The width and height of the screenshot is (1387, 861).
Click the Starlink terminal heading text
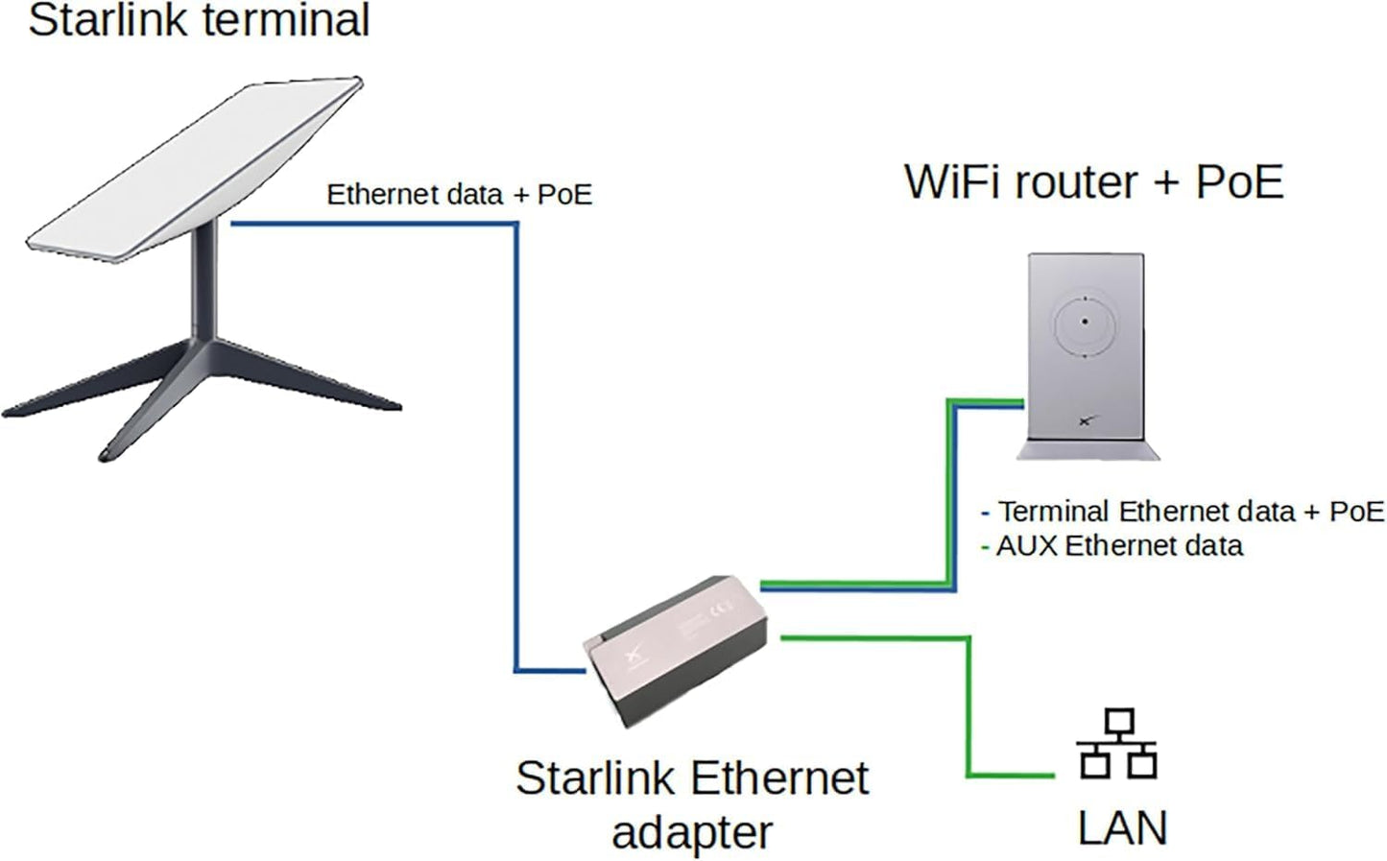[x=199, y=21]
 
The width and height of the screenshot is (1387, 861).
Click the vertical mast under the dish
[x=204, y=278]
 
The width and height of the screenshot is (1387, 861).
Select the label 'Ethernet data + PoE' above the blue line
[x=459, y=195]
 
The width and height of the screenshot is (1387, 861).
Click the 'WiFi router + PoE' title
[x=1093, y=182]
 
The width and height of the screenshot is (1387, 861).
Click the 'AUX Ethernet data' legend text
[x=1119, y=546]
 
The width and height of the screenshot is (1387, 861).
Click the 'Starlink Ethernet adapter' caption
[x=691, y=804]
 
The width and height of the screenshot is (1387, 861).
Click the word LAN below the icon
[x=1121, y=828]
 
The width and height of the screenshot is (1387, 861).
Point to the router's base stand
[x=1088, y=449]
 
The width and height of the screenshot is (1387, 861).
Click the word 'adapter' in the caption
[x=691, y=832]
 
